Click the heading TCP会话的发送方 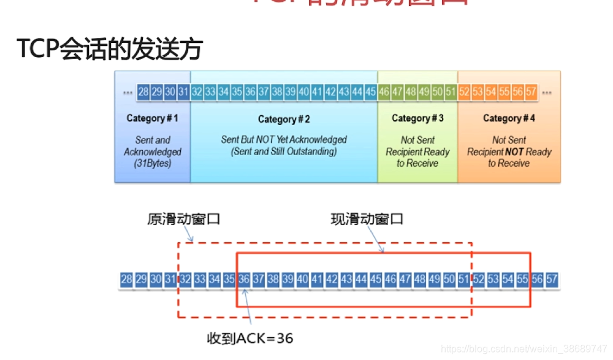pos(109,50)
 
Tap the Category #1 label pos(152,118)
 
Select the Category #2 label pos(284,119)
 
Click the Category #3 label pos(417,118)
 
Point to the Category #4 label pos(509,118)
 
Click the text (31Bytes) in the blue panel pos(152,164)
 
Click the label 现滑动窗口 pos(367,219)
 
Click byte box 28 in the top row pos(143,92)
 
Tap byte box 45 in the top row pos(370,92)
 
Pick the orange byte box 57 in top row pos(531,92)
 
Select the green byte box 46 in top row pos(384,92)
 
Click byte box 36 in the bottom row pos(243,280)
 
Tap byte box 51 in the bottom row pos(463,280)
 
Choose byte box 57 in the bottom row pos(552,280)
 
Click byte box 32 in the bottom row pos(185,280)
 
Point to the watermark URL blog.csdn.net pos(524,349)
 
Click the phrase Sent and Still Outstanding pos(284,151)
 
